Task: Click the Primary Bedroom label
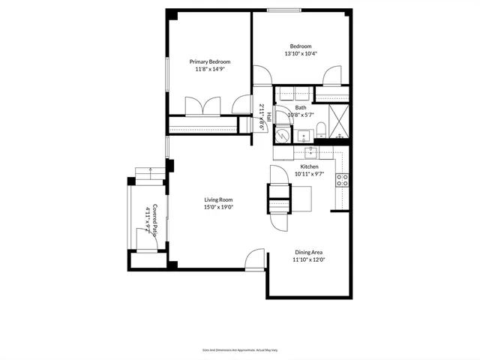(209, 61)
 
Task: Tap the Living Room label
(219, 199)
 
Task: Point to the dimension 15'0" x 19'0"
(219, 208)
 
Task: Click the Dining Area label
(307, 253)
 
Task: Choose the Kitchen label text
(309, 166)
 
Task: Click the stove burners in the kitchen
(341, 180)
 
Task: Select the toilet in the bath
(320, 129)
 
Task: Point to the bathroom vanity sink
(304, 136)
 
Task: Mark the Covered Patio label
(156, 220)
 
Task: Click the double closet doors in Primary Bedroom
(202, 105)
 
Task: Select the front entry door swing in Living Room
(256, 258)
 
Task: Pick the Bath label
(300, 108)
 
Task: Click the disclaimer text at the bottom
(239, 349)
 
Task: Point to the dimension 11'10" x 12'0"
(307, 261)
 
